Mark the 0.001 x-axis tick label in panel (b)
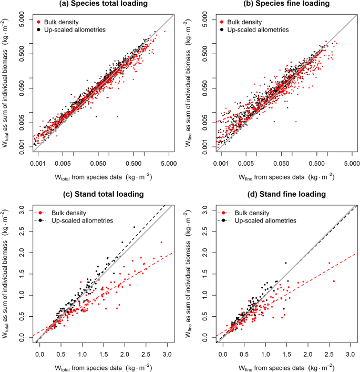pos(221,164)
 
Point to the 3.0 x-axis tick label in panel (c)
pos(167,354)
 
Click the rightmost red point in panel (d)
pos(334,281)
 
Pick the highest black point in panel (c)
pos(134,227)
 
